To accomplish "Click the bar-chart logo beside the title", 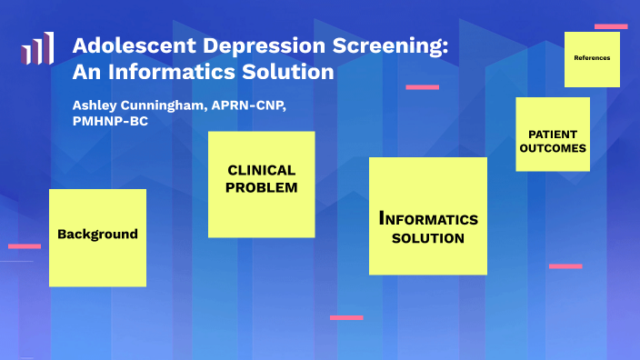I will coord(37,50).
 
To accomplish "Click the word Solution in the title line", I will coord(288,70).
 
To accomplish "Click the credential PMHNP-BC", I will coord(110,123).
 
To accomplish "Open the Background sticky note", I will coord(97,235).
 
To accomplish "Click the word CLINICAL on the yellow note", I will coord(261,170).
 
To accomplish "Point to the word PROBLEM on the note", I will coord(263,187).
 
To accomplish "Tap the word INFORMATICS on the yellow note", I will coord(427,219).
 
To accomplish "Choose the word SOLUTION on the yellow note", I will coord(427,239).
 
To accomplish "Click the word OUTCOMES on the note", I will coord(552,147).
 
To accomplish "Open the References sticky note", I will coord(592,58).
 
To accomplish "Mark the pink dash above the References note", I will coord(611,26).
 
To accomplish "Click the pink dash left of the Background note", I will coord(25,245).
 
